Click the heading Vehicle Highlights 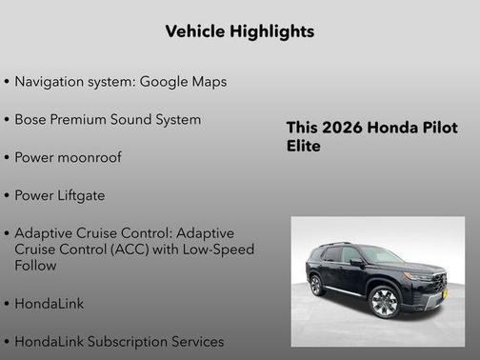[239, 31]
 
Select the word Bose [31, 120]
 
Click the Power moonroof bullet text [68, 157]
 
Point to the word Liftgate [79, 195]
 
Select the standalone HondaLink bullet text [50, 304]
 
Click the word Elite [303, 147]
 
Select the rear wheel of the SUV [316, 285]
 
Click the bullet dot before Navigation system [7, 83]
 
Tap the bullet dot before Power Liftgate [7, 196]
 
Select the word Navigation [49, 82]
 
